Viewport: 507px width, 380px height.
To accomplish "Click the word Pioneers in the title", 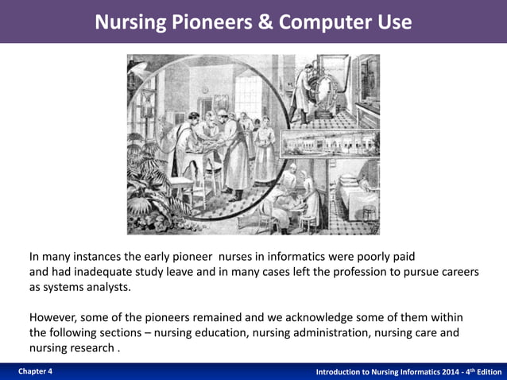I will (199, 22).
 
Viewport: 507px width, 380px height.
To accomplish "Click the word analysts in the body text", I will (107, 287).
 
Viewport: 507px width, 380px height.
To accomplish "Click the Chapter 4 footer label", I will (33, 372).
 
